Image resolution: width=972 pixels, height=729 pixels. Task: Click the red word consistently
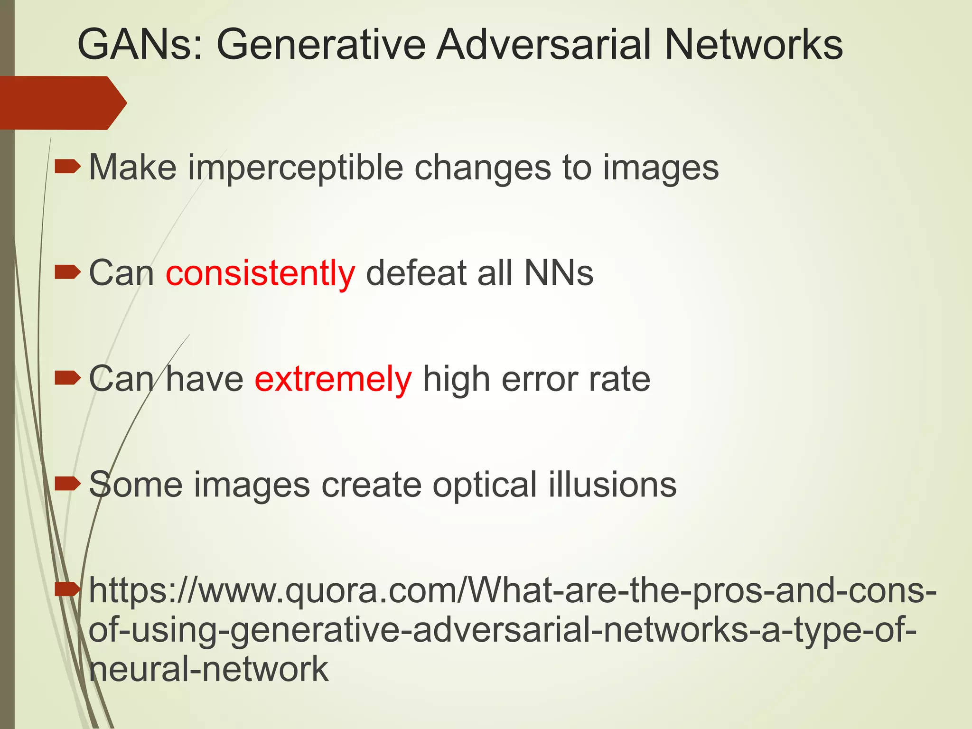pyautogui.click(x=260, y=274)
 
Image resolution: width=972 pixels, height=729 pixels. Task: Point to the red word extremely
pyautogui.click(x=333, y=380)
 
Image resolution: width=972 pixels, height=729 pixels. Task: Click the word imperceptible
pyautogui.click(x=295, y=168)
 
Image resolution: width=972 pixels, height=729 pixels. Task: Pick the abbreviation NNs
pyautogui.click(x=559, y=273)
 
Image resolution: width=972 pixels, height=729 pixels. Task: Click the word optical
pyautogui.click(x=485, y=486)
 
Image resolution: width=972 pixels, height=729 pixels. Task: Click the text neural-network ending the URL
pyautogui.click(x=209, y=669)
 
